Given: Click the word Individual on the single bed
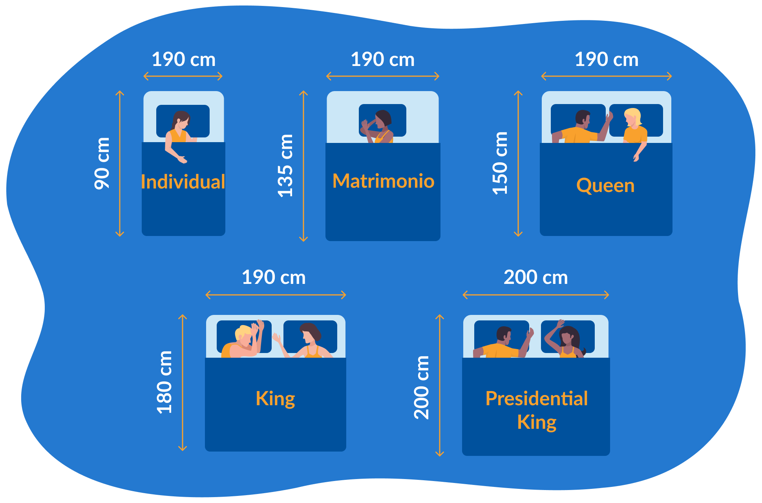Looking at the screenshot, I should (183, 182).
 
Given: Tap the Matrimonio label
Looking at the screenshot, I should (383, 181).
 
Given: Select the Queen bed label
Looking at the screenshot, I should (605, 185).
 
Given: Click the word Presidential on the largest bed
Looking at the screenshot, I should (536, 399).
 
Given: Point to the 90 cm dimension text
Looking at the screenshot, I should (102, 163).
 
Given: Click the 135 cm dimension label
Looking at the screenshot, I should (285, 166).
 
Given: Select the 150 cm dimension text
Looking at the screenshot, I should (500, 163).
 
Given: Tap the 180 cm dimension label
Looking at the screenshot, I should (164, 382).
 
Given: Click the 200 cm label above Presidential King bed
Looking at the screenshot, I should (535, 277).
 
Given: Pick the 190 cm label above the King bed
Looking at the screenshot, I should (274, 277).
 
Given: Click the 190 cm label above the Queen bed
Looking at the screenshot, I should (607, 60).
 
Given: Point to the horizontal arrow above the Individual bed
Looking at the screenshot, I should (183, 76).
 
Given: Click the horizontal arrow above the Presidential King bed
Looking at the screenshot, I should (535, 295).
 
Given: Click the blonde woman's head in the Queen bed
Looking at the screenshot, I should (633, 117).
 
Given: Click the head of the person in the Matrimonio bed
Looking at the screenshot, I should (382, 119).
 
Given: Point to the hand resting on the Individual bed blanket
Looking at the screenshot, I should (182, 159).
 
